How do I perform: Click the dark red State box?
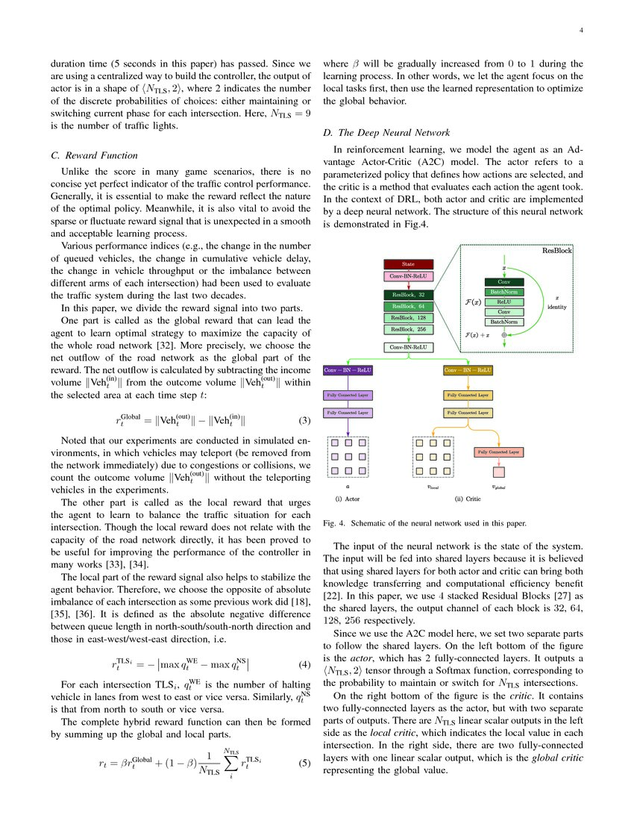[408, 264]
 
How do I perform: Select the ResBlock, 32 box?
[408, 295]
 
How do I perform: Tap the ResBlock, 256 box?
[408, 329]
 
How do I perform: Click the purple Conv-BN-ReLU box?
[348, 370]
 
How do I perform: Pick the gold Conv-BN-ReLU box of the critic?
[468, 370]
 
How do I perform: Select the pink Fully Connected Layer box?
[498, 452]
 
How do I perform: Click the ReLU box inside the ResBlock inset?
[504, 302]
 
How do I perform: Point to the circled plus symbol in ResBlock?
[504, 335]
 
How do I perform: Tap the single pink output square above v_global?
[498, 472]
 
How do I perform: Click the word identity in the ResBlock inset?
[557, 307]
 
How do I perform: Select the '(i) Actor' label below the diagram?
[348, 498]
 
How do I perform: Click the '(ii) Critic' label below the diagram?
[468, 498]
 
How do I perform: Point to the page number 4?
[581, 31]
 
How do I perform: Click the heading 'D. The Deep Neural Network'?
[385, 132]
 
